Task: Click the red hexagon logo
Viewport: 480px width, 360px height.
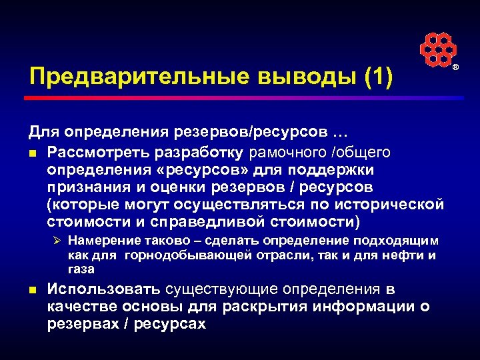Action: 438,49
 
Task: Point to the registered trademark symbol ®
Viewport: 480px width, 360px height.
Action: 456,69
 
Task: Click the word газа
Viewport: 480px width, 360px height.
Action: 81,269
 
